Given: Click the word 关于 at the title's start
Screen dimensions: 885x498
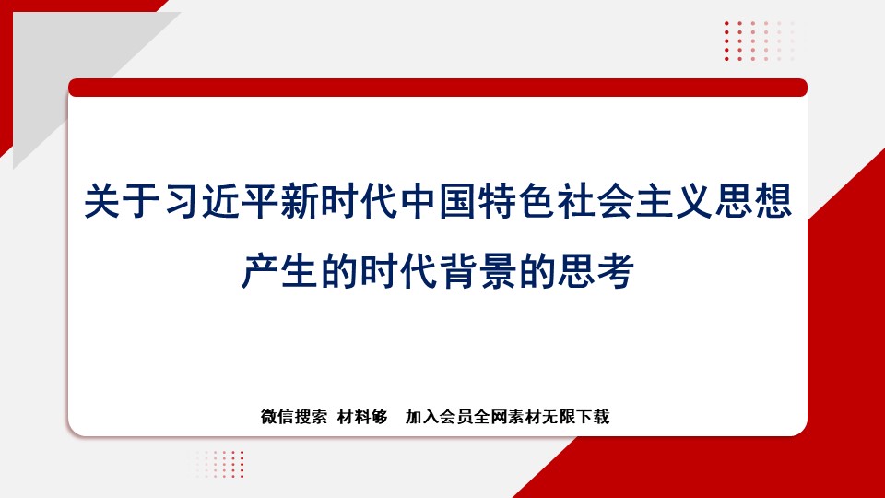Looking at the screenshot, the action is tap(124, 201).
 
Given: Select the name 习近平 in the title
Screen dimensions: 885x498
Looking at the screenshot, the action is tap(222, 201).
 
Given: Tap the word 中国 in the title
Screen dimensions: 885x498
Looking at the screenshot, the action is tap(439, 201).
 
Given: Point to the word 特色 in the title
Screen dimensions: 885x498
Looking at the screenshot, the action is tap(517, 201).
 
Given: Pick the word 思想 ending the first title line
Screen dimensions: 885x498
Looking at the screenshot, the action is tap(754, 201).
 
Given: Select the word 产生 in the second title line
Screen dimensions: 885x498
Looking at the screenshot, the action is tap(280, 271).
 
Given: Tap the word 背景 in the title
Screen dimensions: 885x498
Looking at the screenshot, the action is tap(478, 271).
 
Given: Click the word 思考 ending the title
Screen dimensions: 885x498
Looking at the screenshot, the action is tap(596, 271).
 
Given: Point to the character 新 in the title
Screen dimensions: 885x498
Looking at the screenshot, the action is tap(300, 201).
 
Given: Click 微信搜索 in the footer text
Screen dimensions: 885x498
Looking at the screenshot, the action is tap(293, 417).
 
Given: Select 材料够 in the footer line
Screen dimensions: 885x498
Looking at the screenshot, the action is tap(362, 417).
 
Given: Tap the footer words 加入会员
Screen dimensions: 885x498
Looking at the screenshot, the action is tap(439, 417).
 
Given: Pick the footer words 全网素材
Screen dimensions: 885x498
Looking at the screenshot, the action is tap(507, 417).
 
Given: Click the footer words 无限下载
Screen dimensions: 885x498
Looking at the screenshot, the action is tap(575, 417).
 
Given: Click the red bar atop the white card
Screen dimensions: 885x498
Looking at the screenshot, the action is tap(438, 88).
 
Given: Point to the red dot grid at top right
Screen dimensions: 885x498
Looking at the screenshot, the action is tap(759, 41).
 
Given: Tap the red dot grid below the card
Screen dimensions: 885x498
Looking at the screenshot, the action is tap(220, 464).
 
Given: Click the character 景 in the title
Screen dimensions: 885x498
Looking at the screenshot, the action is tap(498, 271).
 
